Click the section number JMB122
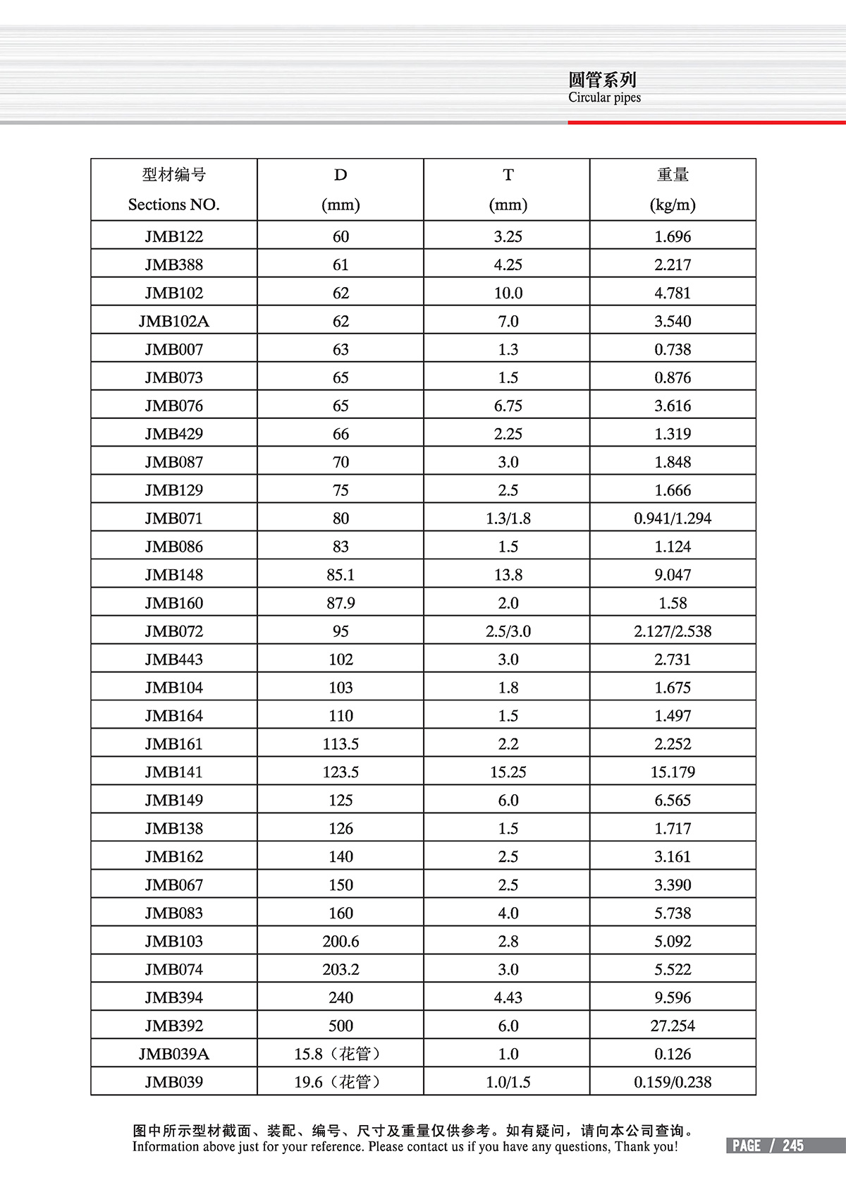(173, 236)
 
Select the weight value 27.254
(673, 1026)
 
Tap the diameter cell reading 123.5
(341, 772)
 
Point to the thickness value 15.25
(508, 772)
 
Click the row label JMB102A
(173, 321)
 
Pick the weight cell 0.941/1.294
(673, 518)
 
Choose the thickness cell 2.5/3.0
(508, 631)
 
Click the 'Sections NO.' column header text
(173, 205)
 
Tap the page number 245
(792, 1146)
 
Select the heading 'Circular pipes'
(604, 97)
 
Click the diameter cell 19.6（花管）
(341, 1082)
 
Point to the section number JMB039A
(173, 1054)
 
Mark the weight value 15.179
(673, 772)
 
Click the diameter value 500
(341, 1026)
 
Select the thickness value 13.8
(508, 575)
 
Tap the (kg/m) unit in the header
(673, 205)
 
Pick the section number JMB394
(173, 997)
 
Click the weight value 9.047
(673, 575)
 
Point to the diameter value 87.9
(341, 603)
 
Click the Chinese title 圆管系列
(602, 79)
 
